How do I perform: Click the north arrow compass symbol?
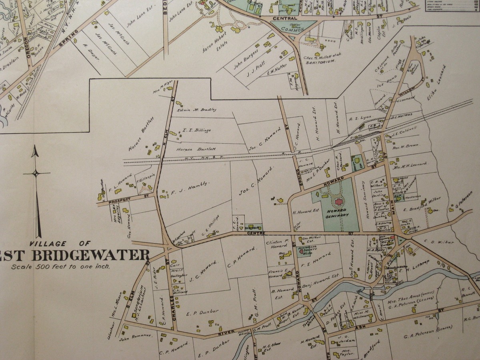point(36,173)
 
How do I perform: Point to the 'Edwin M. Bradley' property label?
point(196,109)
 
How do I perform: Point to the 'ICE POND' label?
point(385,85)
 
